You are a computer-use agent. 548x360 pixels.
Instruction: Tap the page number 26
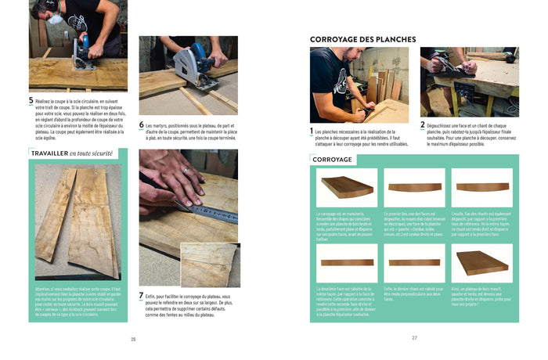[x=133, y=339]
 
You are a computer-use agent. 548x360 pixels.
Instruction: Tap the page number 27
[x=414, y=338]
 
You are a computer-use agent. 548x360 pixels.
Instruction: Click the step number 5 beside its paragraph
[x=31, y=101]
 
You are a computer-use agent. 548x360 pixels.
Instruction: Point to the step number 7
[x=142, y=297]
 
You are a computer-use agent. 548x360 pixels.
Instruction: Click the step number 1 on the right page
[x=312, y=131]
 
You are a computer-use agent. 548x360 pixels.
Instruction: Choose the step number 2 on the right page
[x=423, y=124]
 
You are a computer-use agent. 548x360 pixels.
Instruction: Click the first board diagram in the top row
[x=347, y=188]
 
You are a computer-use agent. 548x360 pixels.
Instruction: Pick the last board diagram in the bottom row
[x=481, y=262]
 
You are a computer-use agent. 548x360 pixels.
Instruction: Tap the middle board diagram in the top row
[x=414, y=188]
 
